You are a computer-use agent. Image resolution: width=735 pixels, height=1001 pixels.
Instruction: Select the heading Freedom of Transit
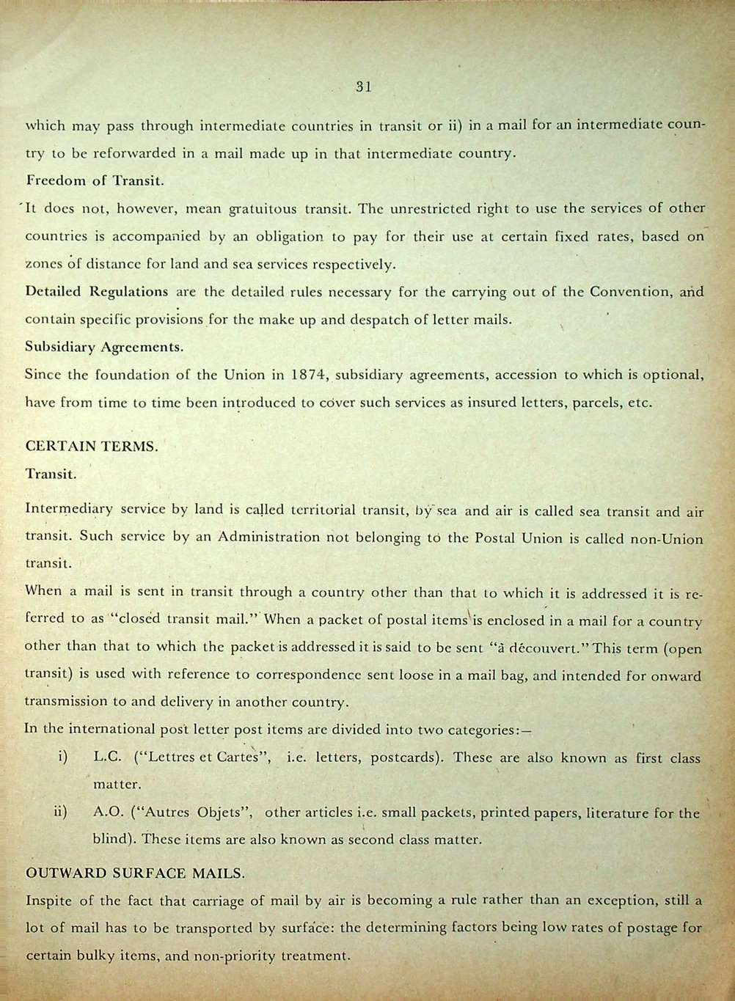coord(95,180)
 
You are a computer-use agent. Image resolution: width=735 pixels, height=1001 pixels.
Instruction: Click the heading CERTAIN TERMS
coord(91,446)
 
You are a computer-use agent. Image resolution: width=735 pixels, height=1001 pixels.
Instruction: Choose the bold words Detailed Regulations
coord(97,291)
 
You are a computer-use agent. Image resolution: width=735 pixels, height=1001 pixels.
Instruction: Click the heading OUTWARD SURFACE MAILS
coord(135,873)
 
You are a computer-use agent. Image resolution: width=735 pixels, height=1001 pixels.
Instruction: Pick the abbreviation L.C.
coord(107,758)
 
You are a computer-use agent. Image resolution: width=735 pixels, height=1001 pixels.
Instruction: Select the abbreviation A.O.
coord(109,813)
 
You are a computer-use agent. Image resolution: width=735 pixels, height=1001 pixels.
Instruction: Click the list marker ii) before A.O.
coord(61,813)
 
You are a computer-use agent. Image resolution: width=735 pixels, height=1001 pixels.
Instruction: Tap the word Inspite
coord(48,901)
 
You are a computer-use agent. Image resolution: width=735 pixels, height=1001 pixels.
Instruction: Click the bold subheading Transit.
coord(51,474)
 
